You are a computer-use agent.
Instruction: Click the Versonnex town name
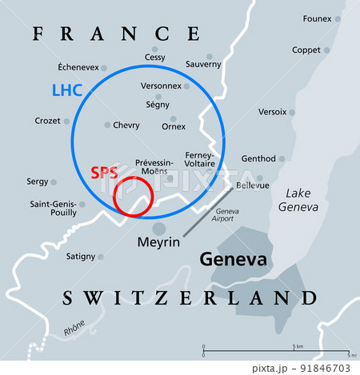tap(161, 86)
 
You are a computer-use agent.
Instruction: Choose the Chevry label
tap(126, 125)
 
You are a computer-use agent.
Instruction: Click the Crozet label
tap(47, 121)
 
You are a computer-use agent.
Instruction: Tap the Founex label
tap(318, 18)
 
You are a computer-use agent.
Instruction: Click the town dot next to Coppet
tap(327, 50)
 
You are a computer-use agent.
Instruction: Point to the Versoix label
tap(272, 112)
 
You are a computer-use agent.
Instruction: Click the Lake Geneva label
tap(298, 199)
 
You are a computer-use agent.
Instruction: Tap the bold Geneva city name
tap(232, 260)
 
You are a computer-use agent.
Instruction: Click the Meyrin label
tap(158, 240)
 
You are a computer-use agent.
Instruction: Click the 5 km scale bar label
tap(297, 346)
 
